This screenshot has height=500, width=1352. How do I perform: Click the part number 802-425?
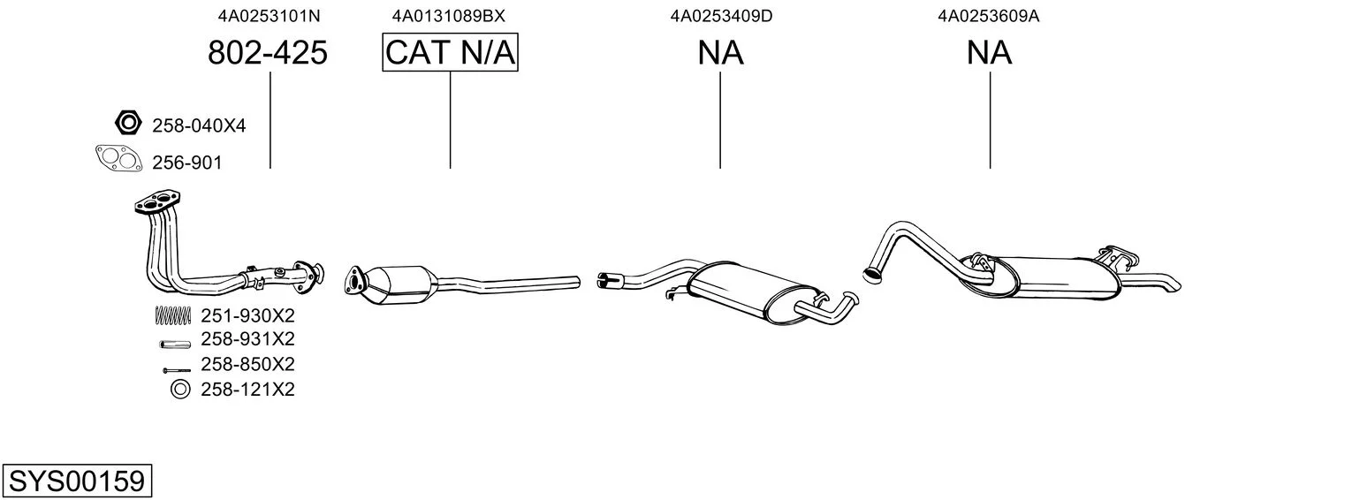click(268, 52)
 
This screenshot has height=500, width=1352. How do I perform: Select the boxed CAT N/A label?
click(451, 52)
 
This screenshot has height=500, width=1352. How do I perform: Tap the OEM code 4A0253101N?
click(269, 16)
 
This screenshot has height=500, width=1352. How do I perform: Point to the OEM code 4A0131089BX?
click(448, 16)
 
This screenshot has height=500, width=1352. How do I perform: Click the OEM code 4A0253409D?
click(721, 16)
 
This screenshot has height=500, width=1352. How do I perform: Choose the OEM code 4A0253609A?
click(988, 16)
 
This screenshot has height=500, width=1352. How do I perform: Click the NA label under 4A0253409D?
click(721, 53)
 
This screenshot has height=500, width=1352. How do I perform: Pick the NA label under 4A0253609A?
click(989, 53)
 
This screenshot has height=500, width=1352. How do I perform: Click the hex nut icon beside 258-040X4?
click(128, 123)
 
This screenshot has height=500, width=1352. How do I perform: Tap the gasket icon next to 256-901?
click(119, 158)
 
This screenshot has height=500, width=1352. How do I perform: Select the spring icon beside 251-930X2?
click(173, 314)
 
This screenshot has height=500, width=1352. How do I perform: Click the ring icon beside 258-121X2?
click(180, 390)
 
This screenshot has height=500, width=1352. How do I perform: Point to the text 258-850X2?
click(247, 364)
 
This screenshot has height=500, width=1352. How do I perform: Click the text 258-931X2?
click(247, 339)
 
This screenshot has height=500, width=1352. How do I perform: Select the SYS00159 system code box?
click(77, 481)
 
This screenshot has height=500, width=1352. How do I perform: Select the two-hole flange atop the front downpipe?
click(157, 202)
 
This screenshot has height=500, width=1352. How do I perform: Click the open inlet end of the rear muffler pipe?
click(871, 275)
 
